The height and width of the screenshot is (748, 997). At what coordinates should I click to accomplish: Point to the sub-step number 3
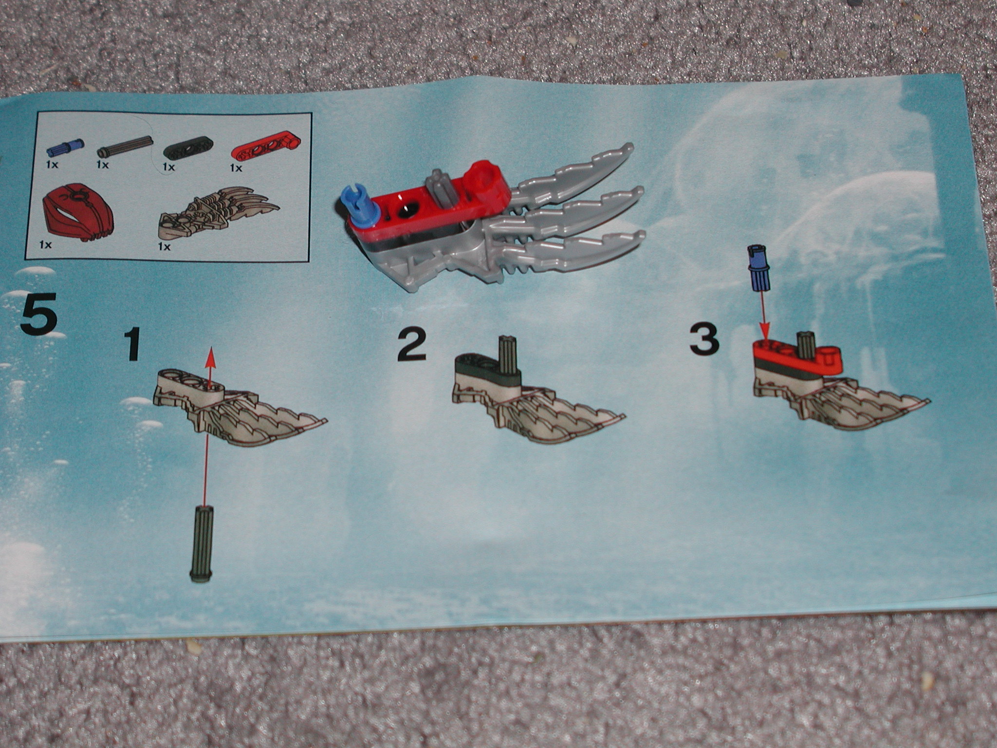(x=704, y=339)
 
